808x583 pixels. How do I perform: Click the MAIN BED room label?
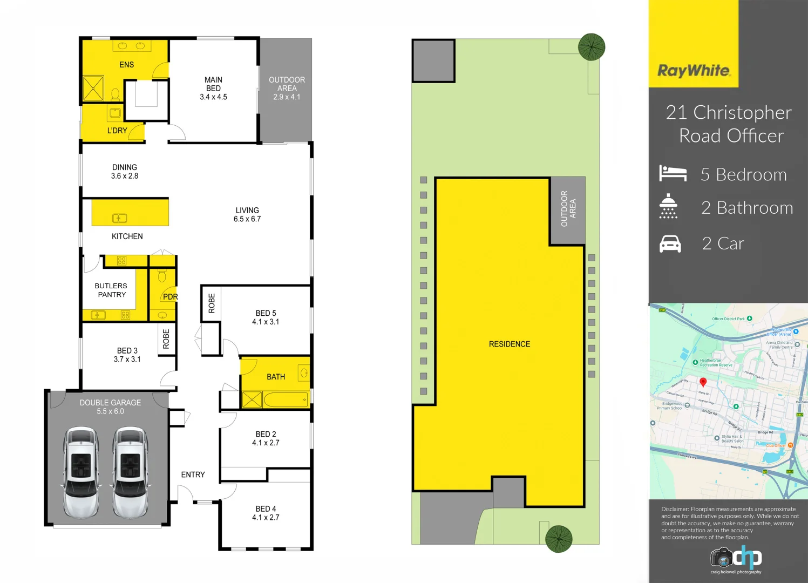213,84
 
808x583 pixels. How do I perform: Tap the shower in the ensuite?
93,88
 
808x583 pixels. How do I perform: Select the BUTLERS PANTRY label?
111,290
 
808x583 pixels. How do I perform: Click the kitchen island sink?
119,218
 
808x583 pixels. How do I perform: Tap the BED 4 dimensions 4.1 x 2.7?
266,518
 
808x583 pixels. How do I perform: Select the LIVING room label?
247,211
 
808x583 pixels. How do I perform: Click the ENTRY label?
193,475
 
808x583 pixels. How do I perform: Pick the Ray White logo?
694,71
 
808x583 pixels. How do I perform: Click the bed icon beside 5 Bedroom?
673,173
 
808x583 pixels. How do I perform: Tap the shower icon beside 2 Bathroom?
668,206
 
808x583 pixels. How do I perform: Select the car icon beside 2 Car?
670,244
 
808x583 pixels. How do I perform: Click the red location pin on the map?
703,383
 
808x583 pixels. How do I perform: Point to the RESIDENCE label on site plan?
509,344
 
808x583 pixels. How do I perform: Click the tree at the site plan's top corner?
591,47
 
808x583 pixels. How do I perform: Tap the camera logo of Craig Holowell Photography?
721,557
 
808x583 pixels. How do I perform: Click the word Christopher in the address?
742,113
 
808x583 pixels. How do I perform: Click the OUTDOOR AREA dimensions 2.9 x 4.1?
287,97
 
